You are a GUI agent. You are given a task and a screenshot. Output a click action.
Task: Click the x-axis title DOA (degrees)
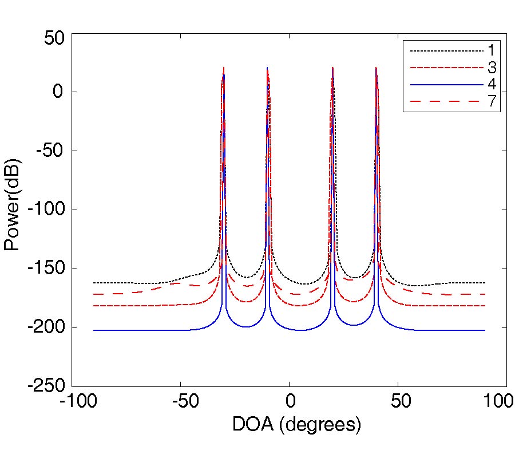[296, 425]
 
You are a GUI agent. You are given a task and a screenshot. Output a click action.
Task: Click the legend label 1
[492, 52]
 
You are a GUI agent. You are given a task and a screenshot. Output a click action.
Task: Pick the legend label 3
[492, 68]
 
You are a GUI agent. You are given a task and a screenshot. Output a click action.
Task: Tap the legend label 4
[492, 85]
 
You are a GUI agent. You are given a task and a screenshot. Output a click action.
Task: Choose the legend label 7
[492, 101]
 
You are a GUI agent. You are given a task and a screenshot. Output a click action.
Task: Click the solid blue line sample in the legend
[447, 85]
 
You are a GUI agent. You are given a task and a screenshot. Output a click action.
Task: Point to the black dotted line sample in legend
[447, 52]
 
